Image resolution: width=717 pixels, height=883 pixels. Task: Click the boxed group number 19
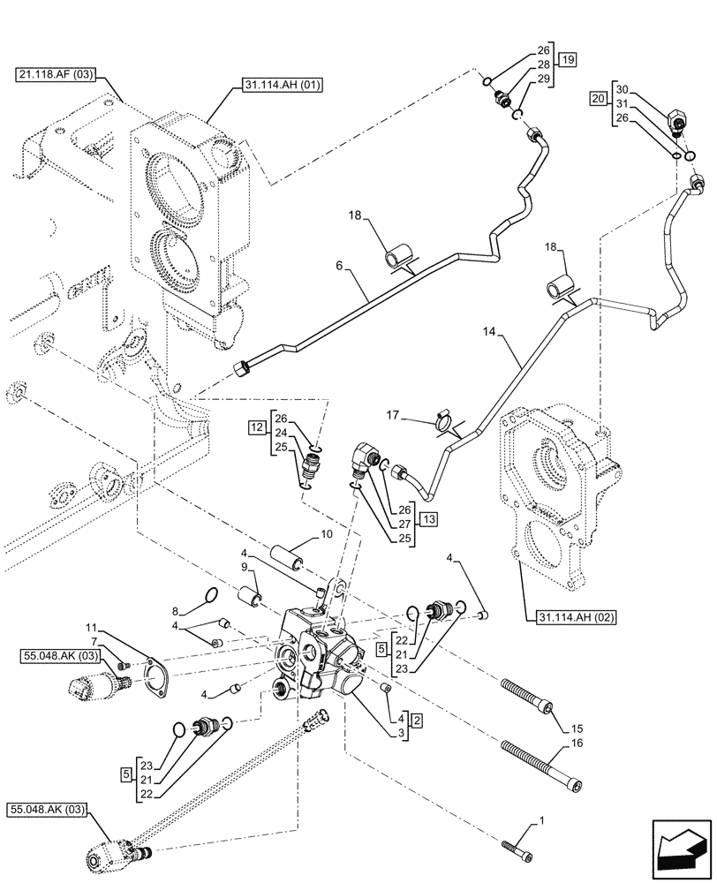pyautogui.click(x=567, y=61)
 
